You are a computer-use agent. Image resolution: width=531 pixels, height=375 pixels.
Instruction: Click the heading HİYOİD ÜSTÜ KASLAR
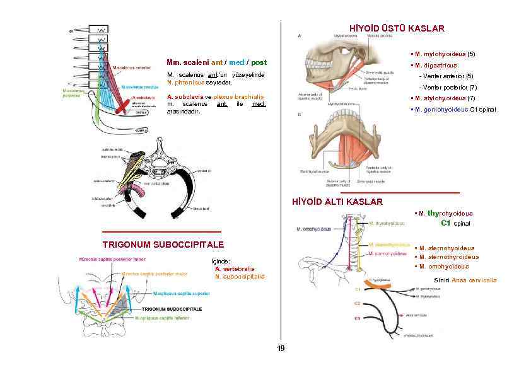click(397, 28)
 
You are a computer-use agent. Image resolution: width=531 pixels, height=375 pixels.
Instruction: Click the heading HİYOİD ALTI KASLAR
click(337, 202)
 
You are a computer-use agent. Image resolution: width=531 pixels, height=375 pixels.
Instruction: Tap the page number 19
click(281, 349)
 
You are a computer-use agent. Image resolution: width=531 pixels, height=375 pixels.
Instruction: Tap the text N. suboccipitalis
click(240, 276)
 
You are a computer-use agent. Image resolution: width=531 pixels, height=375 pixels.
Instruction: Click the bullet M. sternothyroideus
click(448, 257)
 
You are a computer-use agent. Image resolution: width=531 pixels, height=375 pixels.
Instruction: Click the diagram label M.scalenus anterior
click(132, 66)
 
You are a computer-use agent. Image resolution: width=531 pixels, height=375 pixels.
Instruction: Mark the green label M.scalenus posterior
click(74, 93)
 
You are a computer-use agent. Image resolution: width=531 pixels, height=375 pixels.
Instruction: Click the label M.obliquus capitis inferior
click(161, 318)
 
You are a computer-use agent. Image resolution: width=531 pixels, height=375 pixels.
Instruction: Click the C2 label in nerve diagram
click(357, 304)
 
